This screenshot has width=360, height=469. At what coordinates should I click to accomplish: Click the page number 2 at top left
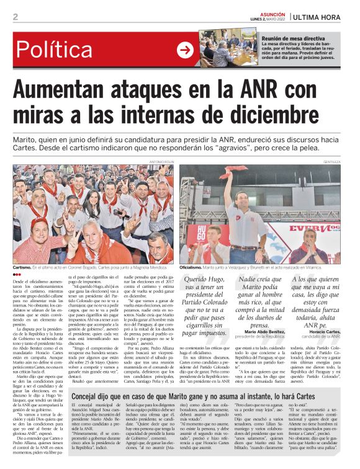click(x=16, y=17)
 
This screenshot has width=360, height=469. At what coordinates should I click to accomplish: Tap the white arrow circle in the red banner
click(x=185, y=50)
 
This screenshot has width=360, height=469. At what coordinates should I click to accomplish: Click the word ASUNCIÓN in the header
click(x=273, y=13)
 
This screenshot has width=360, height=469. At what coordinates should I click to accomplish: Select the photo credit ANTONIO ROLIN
click(x=161, y=161)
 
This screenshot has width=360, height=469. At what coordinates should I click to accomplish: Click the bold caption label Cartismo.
click(x=25, y=267)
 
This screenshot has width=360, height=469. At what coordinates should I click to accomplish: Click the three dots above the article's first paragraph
click(x=17, y=275)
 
